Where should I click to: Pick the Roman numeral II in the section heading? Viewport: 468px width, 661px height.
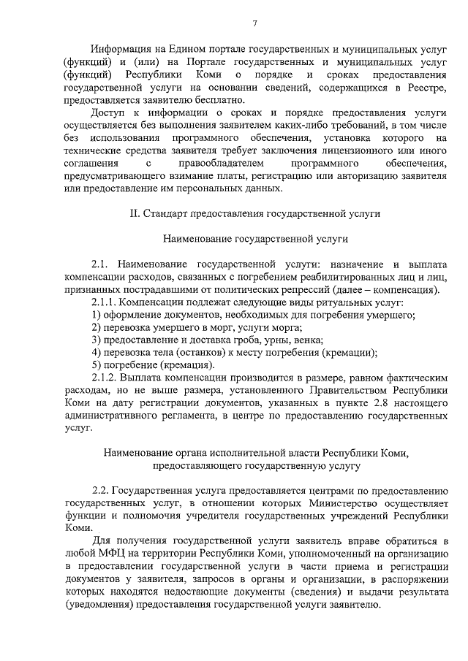134,213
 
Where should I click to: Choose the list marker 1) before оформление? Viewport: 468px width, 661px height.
97,315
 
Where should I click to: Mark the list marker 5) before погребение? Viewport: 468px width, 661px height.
97,365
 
